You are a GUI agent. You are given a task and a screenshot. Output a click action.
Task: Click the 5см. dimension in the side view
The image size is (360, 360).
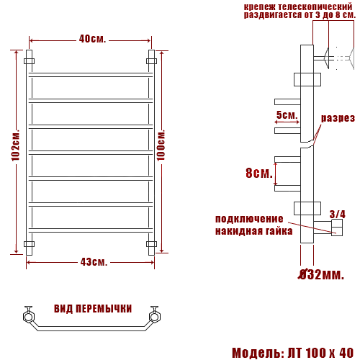coord(287,115)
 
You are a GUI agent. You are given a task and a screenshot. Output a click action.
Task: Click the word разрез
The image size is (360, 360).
coord(338,118)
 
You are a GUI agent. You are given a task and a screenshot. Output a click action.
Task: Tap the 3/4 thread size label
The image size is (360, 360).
coord(337,214)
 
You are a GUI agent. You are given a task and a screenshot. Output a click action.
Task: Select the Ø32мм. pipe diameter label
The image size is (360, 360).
coord(321,274)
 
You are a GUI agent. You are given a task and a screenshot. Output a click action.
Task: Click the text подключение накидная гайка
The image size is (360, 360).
coord(253,225)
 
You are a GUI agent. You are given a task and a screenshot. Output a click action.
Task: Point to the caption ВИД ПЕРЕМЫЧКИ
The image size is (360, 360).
coord(93,308)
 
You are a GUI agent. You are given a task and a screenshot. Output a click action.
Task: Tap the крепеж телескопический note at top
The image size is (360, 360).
coord(299,10)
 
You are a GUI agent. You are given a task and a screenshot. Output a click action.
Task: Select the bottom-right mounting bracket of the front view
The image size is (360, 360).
coord(151,244)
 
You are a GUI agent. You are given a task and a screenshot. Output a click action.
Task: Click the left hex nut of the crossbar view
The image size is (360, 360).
coord(29,315)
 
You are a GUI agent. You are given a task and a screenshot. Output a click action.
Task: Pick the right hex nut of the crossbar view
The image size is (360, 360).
coord(154,315)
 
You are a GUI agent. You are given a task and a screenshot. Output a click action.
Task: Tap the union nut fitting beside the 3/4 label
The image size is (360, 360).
coord(336,229)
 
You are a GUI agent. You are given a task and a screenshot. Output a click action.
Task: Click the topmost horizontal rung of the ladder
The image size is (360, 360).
coord(91,74)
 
